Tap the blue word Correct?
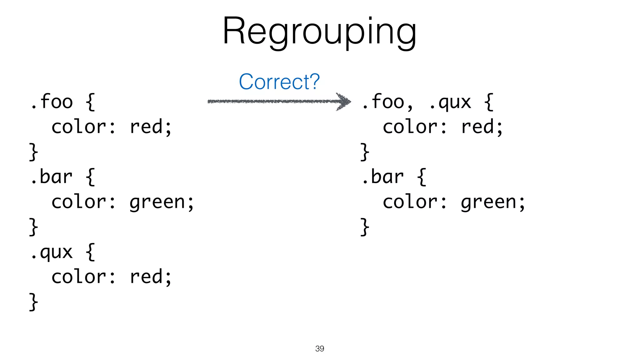tap(279, 82)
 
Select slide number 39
tap(320, 348)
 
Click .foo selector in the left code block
tap(52, 102)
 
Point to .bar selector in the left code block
tap(52, 177)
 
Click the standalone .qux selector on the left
tap(52, 252)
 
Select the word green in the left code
tap(157, 202)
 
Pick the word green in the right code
tap(489, 202)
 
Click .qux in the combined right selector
tap(450, 102)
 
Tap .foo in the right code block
tap(383, 102)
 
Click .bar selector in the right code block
tap(383, 177)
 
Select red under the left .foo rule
tap(146, 127)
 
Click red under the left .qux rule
tap(146, 277)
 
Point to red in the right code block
tap(477, 127)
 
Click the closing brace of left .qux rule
tap(33, 302)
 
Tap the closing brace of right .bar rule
tap(365, 227)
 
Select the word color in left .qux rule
tap(79, 277)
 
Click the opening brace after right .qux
tap(489, 102)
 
